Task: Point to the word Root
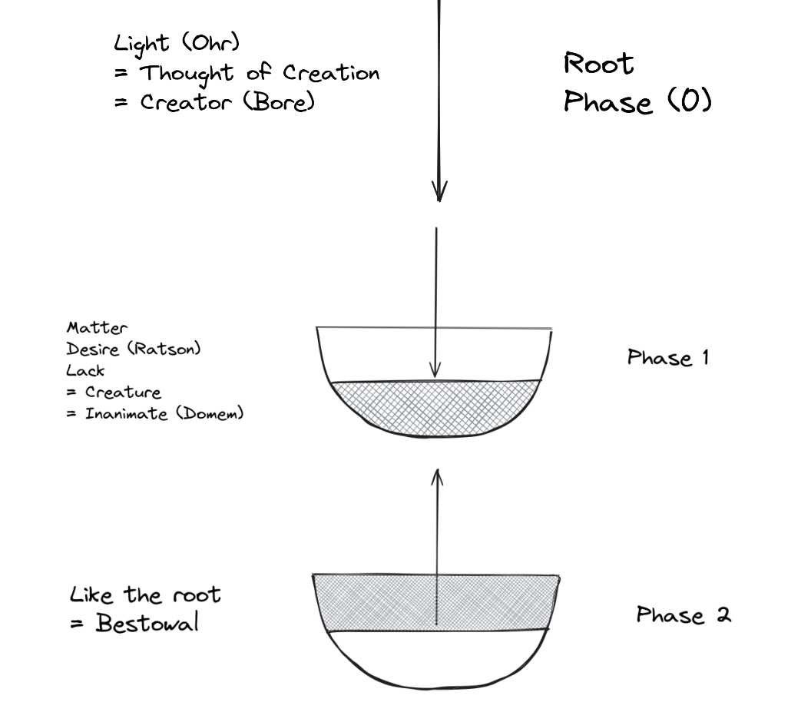click(x=599, y=65)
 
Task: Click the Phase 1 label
click(x=667, y=358)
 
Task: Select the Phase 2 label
click(x=684, y=615)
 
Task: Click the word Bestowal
click(x=147, y=623)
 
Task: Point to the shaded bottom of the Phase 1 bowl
click(x=435, y=407)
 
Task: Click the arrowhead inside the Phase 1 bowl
click(x=435, y=370)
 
